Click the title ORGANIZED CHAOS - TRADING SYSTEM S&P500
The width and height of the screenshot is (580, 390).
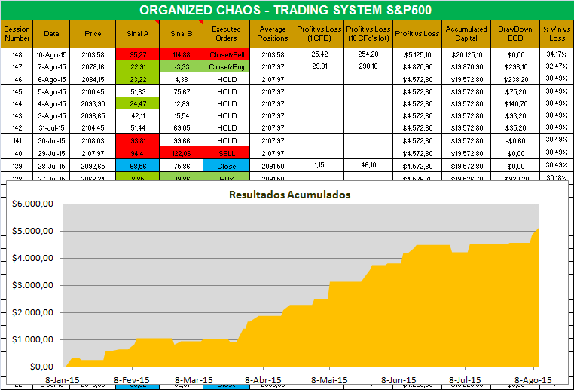[x=291, y=11]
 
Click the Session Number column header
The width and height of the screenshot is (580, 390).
[x=17, y=33]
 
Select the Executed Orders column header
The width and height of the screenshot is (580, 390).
[x=226, y=33]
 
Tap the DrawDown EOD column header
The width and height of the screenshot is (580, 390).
[x=515, y=33]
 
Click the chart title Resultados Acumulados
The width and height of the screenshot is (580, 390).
[x=290, y=194]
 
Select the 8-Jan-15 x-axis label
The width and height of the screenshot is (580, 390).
[x=64, y=379]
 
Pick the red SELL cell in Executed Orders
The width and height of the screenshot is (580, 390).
[x=226, y=153]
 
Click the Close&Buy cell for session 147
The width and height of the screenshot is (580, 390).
[x=226, y=66]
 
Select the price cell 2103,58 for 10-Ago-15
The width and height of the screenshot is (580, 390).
[x=93, y=55]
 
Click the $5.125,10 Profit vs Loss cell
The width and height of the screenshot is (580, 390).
[x=416, y=55]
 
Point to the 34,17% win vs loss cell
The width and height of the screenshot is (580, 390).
[x=557, y=55]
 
